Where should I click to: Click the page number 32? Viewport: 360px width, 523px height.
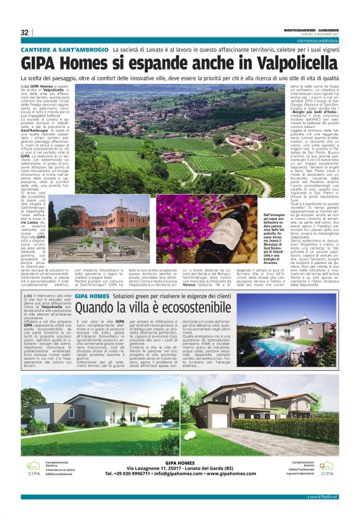[x=25, y=32]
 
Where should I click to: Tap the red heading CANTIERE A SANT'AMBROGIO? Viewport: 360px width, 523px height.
[x=64, y=48]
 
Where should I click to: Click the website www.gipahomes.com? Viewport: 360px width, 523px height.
[x=231, y=474]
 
